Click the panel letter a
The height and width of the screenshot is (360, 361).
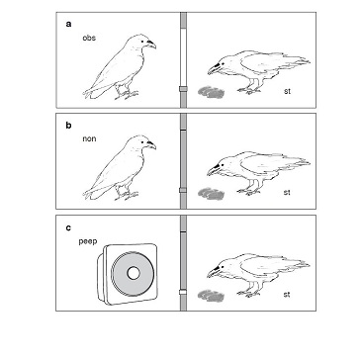pos(68,24)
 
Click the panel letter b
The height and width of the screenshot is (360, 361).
pos(68,126)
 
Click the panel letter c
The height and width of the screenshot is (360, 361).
pos(68,227)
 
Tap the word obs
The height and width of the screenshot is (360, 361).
pos(89,38)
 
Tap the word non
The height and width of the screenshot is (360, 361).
pos(89,138)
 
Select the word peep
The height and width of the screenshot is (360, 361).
pos(88,241)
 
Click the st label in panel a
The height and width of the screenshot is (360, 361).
pos(287,91)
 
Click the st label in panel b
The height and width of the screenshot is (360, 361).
pos(287,192)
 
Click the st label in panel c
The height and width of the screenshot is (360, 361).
pos(287,295)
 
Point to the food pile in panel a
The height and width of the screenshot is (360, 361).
pos(211,92)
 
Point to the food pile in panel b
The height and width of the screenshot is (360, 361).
pos(211,194)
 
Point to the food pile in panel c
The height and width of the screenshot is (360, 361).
pos(211,295)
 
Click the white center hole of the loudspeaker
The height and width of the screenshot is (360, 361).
pos(134,273)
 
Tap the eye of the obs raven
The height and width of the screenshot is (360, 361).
pos(142,42)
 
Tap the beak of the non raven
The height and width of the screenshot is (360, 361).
pos(151,144)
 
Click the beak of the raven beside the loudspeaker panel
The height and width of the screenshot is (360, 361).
pos(214,272)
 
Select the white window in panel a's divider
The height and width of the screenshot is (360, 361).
pos(184,58)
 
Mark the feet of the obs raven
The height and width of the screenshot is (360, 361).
pos(127,95)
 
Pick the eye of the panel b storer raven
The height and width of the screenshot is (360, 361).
pos(224,165)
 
